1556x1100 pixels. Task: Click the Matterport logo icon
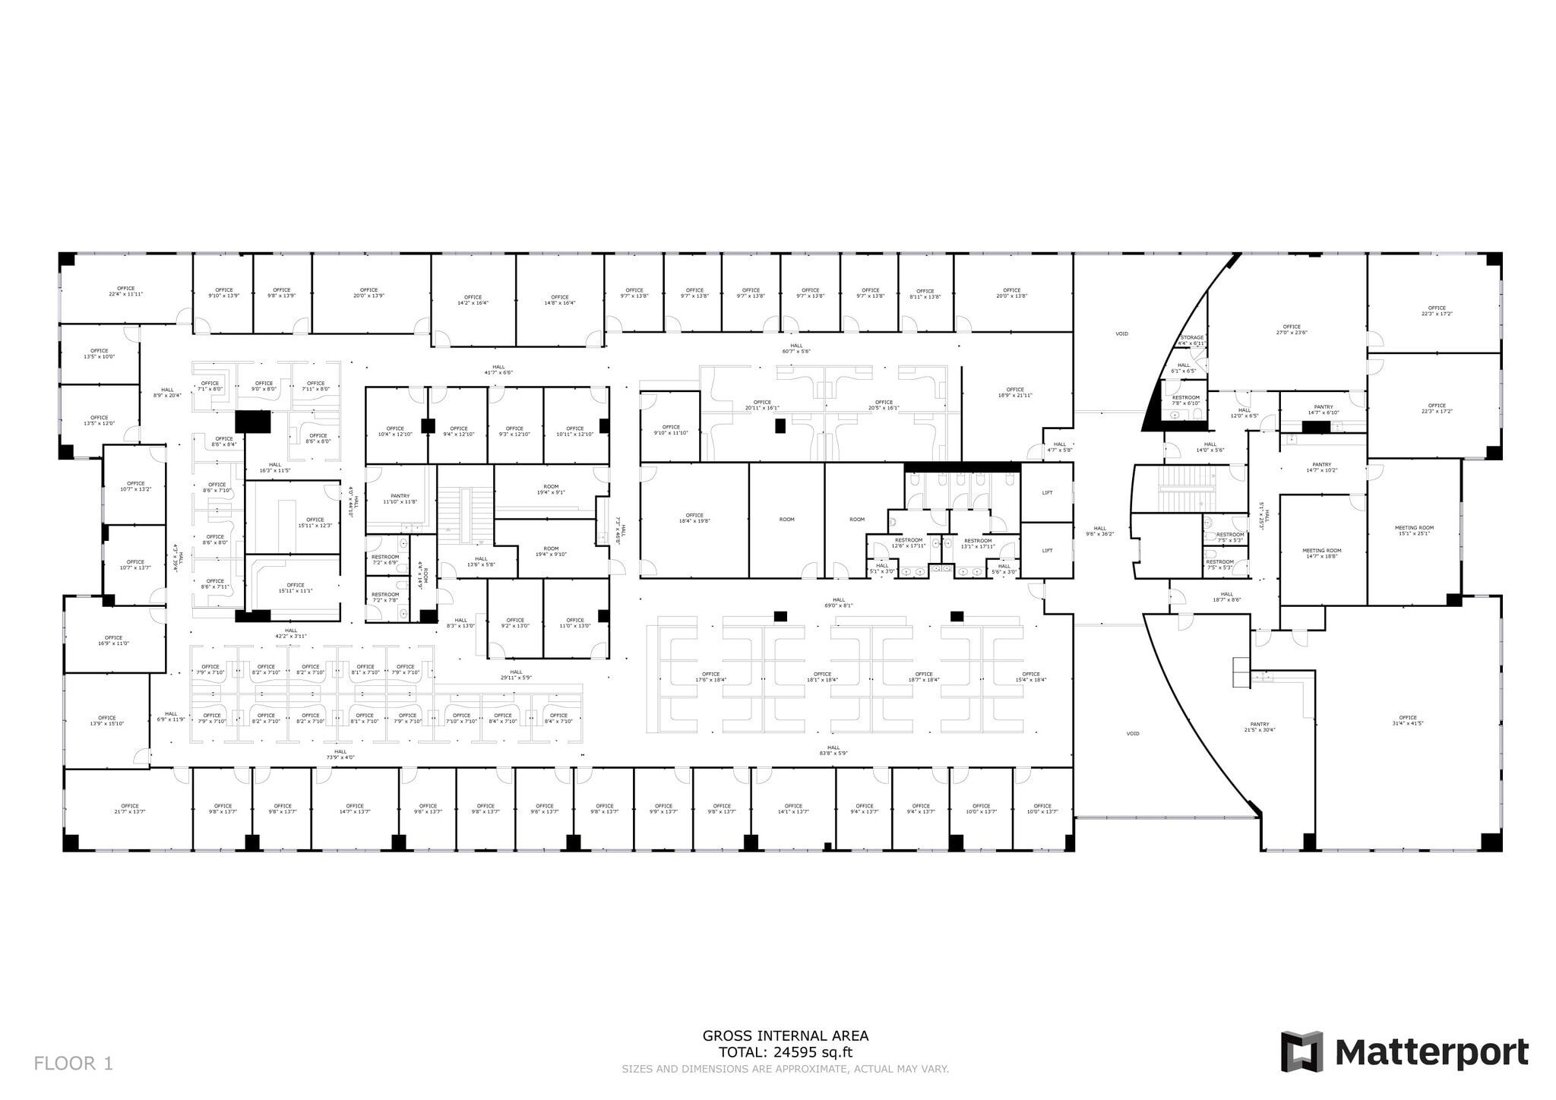[1301, 1051]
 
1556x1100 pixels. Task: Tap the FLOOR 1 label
[73, 1064]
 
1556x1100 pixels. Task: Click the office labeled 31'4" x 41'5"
[1407, 720]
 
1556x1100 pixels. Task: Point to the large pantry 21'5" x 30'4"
[1259, 727]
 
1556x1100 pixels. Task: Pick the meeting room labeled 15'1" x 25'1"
[1414, 530]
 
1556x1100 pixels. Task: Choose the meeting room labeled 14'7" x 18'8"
[1322, 553]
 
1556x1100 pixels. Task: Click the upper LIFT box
[1047, 493]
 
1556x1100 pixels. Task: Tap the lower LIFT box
[1047, 551]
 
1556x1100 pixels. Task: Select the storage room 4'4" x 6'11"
[1191, 340]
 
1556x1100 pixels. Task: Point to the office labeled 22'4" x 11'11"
[125, 291]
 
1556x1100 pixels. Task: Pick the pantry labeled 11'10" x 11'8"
[400, 498]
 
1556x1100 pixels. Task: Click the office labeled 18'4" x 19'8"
[694, 518]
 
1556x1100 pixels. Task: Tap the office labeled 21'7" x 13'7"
[129, 808]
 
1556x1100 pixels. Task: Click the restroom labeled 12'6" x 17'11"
[908, 542]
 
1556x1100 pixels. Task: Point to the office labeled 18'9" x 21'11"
[1014, 392]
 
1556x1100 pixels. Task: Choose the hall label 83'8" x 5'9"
[833, 750]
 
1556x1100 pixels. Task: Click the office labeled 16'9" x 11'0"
[113, 640]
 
